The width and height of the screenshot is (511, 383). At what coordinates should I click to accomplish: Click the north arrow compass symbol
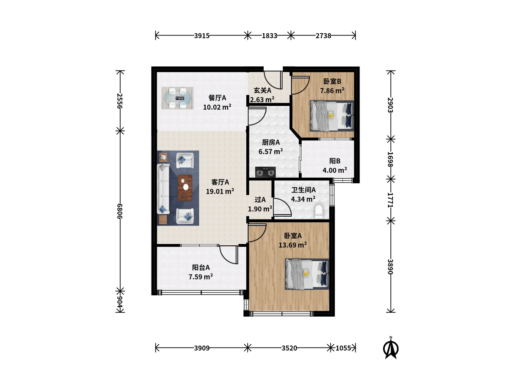391,348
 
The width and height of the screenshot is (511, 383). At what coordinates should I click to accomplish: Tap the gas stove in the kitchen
265,172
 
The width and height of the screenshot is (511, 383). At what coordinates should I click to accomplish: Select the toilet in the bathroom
318,211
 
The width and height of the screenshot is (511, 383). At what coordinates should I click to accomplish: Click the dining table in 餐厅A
177,98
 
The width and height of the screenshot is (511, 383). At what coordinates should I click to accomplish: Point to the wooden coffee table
185,188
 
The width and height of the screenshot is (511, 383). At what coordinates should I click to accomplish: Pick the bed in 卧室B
332,116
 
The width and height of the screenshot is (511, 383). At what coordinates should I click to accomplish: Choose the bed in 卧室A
307,274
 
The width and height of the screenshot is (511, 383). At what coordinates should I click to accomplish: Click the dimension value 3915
202,36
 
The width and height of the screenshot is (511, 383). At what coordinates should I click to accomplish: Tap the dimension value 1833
270,36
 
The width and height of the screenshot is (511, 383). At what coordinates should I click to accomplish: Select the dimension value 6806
120,211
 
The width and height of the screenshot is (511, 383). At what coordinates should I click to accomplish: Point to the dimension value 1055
343,348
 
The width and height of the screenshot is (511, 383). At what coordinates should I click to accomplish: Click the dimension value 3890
390,267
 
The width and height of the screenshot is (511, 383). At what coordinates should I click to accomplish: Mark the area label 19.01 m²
220,191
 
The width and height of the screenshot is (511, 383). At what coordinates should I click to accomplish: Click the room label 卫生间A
303,190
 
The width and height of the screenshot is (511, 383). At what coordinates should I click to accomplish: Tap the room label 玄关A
262,90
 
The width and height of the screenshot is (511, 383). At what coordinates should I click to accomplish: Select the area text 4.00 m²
335,170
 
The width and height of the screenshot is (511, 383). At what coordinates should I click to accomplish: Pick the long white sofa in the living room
163,189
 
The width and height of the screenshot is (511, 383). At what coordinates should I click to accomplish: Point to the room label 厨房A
271,142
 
